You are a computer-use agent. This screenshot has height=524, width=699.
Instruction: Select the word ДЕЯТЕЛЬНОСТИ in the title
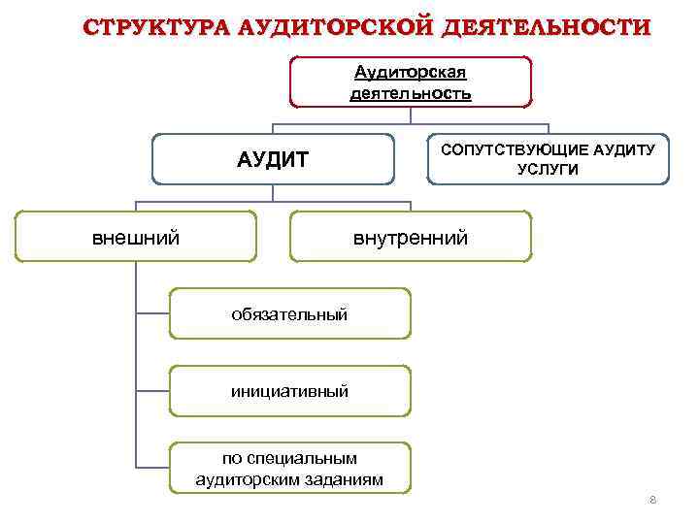click(546, 26)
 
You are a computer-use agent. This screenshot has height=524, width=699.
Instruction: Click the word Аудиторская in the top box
click(411, 73)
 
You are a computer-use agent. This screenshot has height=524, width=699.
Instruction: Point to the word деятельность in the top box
click(411, 93)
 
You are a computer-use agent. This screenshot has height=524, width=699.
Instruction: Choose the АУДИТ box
click(273, 159)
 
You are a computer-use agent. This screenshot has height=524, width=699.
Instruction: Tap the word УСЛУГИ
click(549, 169)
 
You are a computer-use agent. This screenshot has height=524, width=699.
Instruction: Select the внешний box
click(135, 237)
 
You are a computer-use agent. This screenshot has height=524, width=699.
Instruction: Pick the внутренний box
click(411, 237)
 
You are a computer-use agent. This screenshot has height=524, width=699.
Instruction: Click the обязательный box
click(289, 313)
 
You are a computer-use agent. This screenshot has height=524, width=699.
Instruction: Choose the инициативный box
click(289, 391)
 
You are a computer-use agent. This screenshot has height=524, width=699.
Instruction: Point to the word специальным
click(303, 458)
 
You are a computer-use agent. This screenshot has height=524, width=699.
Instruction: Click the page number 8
click(652, 500)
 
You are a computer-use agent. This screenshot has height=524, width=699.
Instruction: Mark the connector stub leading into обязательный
click(152, 313)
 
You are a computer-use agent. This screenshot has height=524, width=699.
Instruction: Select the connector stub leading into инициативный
click(152, 391)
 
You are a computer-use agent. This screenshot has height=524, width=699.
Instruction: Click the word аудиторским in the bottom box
click(251, 478)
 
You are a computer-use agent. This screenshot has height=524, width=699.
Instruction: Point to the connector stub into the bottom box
click(152, 469)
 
